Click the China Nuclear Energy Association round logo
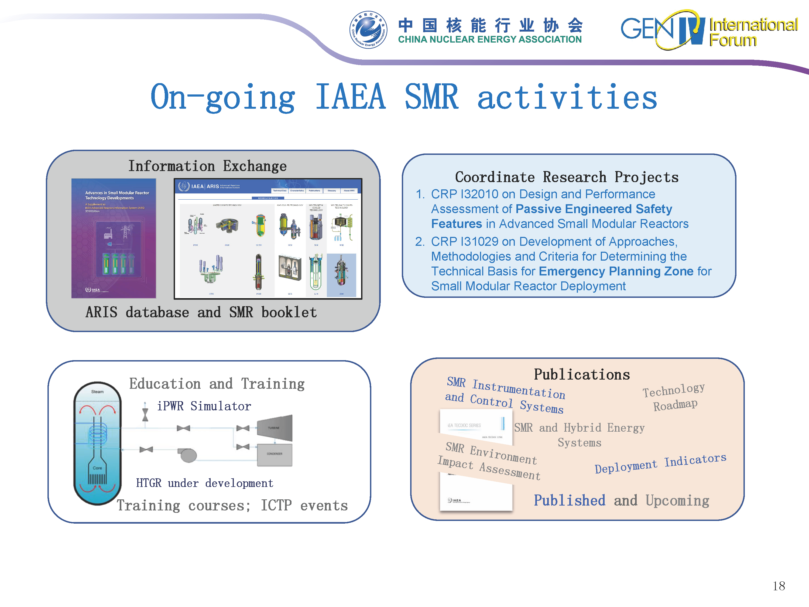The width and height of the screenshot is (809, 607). coord(368,30)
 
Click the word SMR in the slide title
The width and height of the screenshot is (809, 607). coord(431,97)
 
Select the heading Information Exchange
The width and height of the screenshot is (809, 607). coord(207,166)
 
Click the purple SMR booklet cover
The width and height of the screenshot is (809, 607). coord(114,238)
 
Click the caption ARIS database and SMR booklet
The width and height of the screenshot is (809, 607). coord(201,312)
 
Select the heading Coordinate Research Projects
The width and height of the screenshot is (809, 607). coord(567,177)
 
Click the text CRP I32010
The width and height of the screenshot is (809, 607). coord(464,194)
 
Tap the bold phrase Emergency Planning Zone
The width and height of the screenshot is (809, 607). coord(616,271)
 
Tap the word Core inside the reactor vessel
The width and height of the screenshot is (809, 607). coord(97,468)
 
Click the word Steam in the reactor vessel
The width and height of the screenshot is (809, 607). coord(97,391)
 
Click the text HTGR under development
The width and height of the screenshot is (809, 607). coord(204,483)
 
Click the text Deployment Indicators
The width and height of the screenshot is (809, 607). coord(660,463)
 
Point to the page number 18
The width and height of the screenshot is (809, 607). coord(779,586)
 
